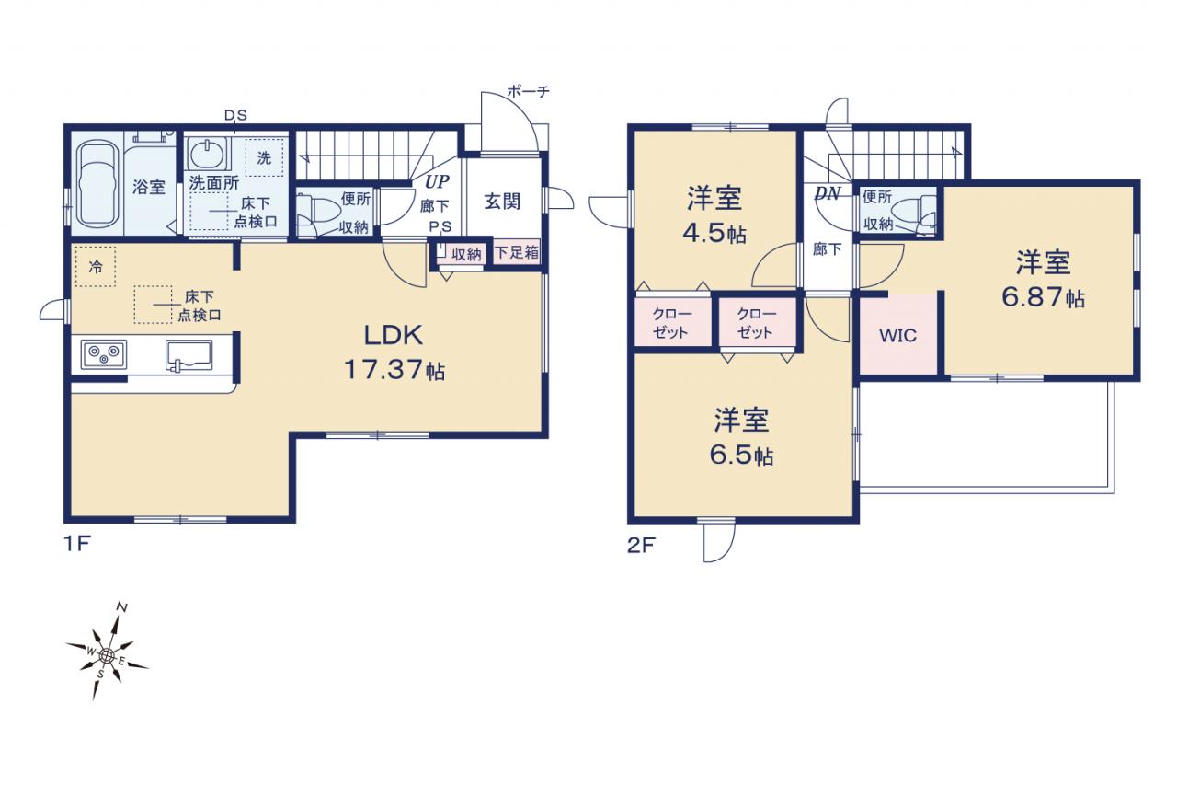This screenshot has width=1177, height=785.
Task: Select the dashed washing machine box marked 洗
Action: click(x=264, y=157)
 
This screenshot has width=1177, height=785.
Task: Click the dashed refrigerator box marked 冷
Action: click(x=95, y=267)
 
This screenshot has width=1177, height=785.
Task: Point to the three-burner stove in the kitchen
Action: click(x=104, y=354)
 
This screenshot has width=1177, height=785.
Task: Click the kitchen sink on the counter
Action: click(x=189, y=355)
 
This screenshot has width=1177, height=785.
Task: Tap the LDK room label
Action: click(x=394, y=335)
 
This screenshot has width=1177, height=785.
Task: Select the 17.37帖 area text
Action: click(x=394, y=370)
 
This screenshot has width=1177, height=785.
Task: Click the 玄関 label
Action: click(x=502, y=201)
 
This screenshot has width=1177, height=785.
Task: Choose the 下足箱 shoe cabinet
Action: click(x=517, y=252)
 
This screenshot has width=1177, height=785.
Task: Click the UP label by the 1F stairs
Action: click(x=437, y=181)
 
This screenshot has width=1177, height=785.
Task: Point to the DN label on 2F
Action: click(x=828, y=193)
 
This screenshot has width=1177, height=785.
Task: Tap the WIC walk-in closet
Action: click(x=898, y=336)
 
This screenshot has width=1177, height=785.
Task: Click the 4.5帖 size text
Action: click(x=714, y=233)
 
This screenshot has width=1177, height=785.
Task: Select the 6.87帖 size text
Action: click(x=1043, y=297)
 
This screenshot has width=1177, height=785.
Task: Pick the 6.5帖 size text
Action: click(x=741, y=455)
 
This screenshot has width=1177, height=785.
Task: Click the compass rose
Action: click(x=107, y=655)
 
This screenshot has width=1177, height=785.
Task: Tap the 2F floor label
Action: click(x=641, y=545)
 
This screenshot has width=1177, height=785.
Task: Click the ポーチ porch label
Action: click(x=528, y=91)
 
